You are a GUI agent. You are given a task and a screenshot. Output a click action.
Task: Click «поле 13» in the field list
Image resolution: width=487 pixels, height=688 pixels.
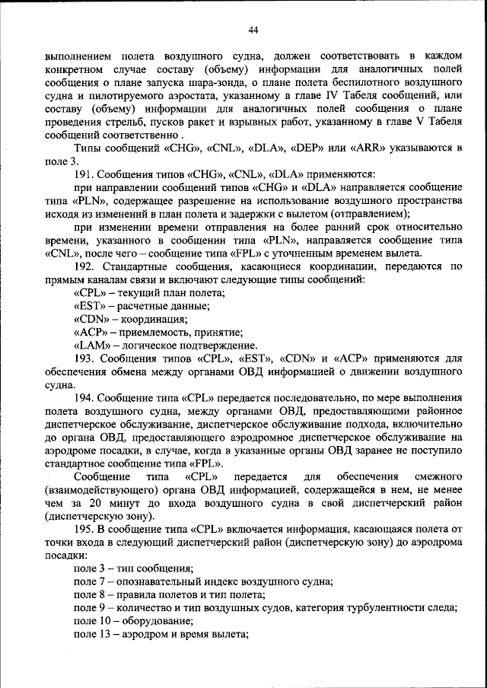coord(91,634)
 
